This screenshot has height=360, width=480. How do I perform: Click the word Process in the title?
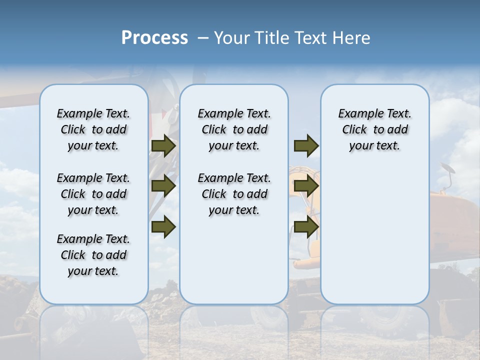tap(154, 38)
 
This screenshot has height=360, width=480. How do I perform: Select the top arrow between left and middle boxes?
tap(163, 145)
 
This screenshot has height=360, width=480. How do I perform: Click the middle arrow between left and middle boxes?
tap(163, 186)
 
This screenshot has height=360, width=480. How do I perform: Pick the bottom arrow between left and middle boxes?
tap(163, 226)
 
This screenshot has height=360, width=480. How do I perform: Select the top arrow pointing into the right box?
tap(306, 145)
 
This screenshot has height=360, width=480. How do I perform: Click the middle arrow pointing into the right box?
tap(306, 186)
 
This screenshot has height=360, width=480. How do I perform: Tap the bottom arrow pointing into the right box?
tap(306, 226)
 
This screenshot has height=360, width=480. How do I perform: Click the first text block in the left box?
tap(93, 129)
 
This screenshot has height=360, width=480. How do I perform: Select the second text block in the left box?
tap(93, 194)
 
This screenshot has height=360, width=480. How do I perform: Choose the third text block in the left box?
tap(93, 255)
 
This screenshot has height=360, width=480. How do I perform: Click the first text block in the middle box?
tap(234, 129)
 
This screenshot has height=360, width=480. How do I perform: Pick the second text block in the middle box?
tap(234, 194)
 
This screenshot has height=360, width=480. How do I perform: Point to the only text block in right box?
tap(374, 129)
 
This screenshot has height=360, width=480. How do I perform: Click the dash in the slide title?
tap(203, 38)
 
